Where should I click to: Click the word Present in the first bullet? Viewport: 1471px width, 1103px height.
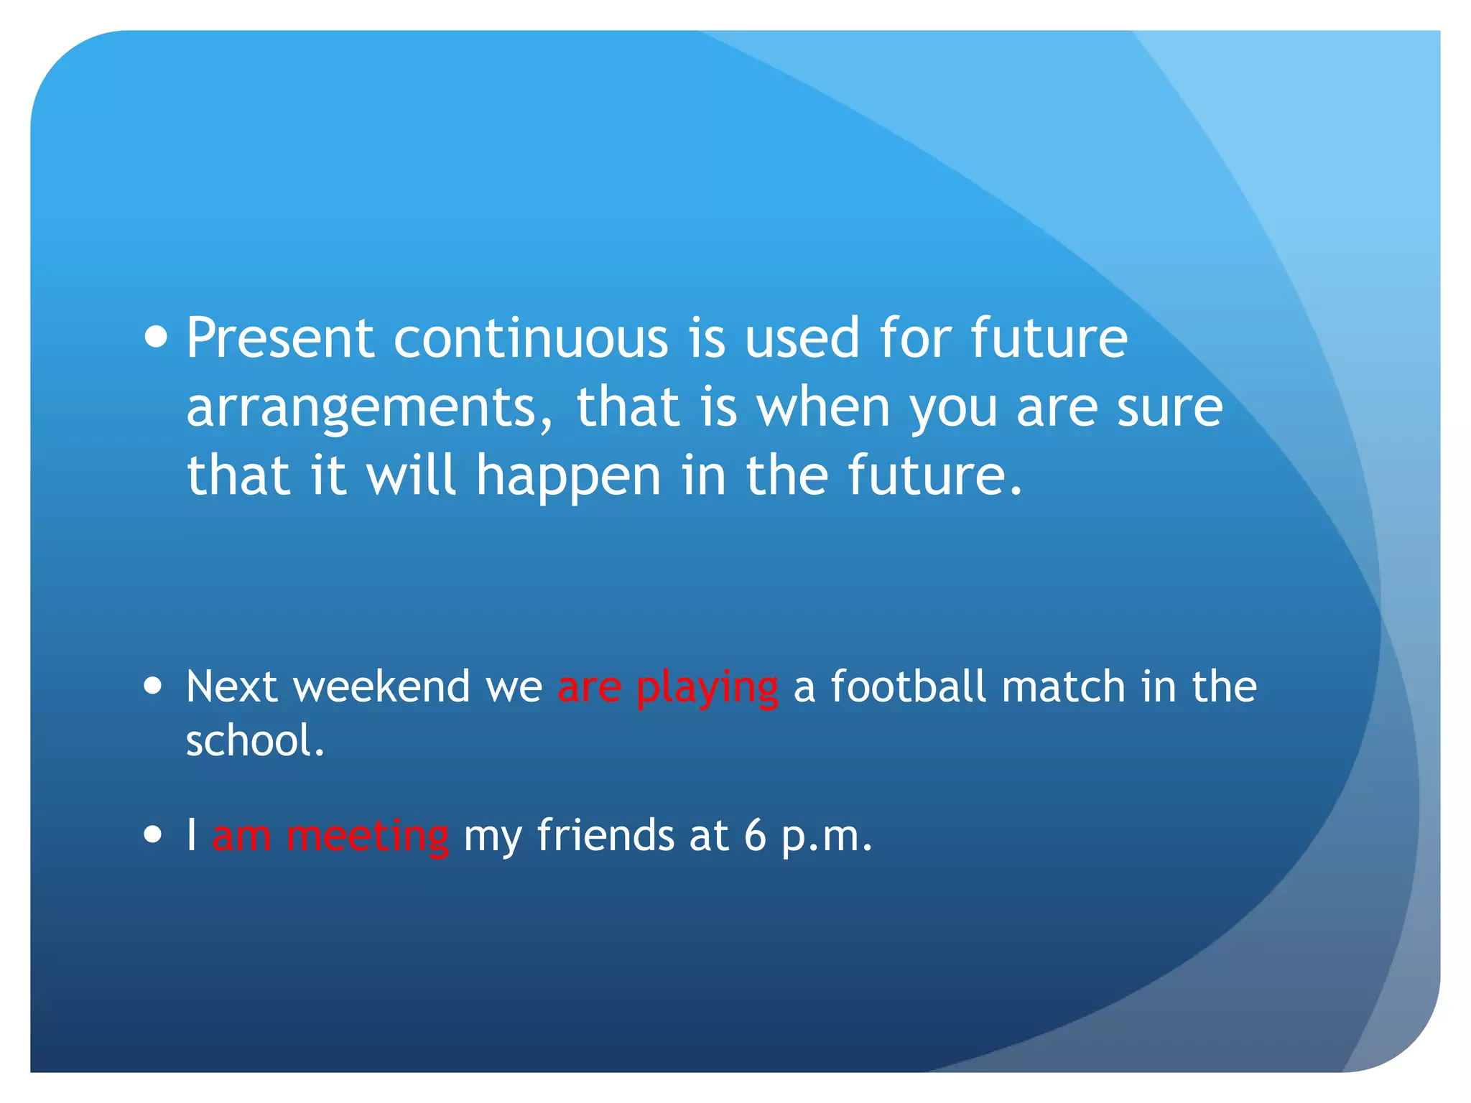click(x=280, y=338)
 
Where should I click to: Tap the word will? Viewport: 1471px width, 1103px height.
click(x=411, y=475)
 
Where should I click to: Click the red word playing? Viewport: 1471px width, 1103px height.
click(x=707, y=687)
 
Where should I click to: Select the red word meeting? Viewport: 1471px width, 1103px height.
click(x=368, y=837)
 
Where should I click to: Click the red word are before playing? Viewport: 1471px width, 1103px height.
click(x=589, y=687)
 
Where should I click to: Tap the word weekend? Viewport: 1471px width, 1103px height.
click(x=381, y=686)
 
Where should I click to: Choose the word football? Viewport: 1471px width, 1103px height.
click(x=908, y=686)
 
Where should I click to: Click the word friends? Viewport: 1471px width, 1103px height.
click(x=605, y=835)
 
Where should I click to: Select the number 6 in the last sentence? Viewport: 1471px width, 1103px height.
click(x=755, y=835)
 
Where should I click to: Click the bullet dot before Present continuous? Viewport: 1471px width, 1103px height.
click(x=155, y=337)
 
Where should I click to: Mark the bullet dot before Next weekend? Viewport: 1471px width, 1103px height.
click(x=153, y=685)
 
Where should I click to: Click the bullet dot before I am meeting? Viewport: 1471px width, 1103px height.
click(x=153, y=835)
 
